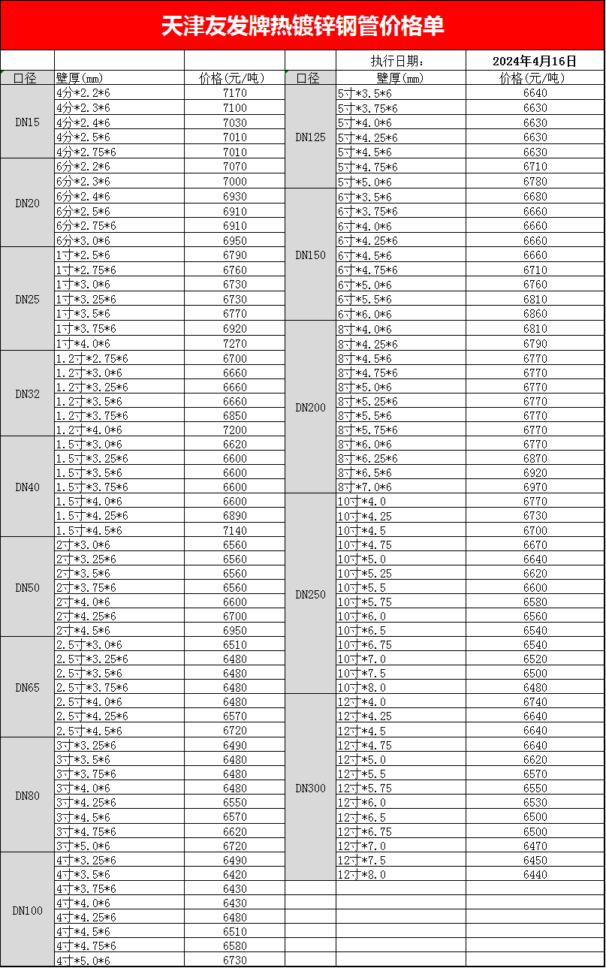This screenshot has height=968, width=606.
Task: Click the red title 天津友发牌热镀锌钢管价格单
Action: (x=303, y=26)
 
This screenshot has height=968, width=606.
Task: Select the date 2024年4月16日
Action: (x=535, y=61)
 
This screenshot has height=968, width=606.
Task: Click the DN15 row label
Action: (x=28, y=122)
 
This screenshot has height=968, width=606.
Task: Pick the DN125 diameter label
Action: (x=310, y=137)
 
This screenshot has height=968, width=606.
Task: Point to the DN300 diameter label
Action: (x=310, y=788)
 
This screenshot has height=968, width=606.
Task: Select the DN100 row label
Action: (x=28, y=910)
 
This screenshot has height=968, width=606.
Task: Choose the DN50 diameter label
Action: (x=28, y=587)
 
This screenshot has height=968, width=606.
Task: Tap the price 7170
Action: (x=234, y=93)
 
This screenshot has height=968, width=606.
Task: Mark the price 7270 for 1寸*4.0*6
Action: (x=234, y=343)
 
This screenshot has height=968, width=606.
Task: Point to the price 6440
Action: (x=535, y=874)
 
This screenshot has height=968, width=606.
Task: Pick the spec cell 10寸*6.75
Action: (x=364, y=644)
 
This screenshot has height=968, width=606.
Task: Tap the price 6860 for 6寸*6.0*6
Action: (x=535, y=314)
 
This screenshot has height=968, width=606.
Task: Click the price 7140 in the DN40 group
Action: (x=234, y=530)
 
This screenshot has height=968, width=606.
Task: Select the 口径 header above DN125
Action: (x=308, y=77)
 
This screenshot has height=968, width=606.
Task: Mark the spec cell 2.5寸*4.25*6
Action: (x=92, y=716)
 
